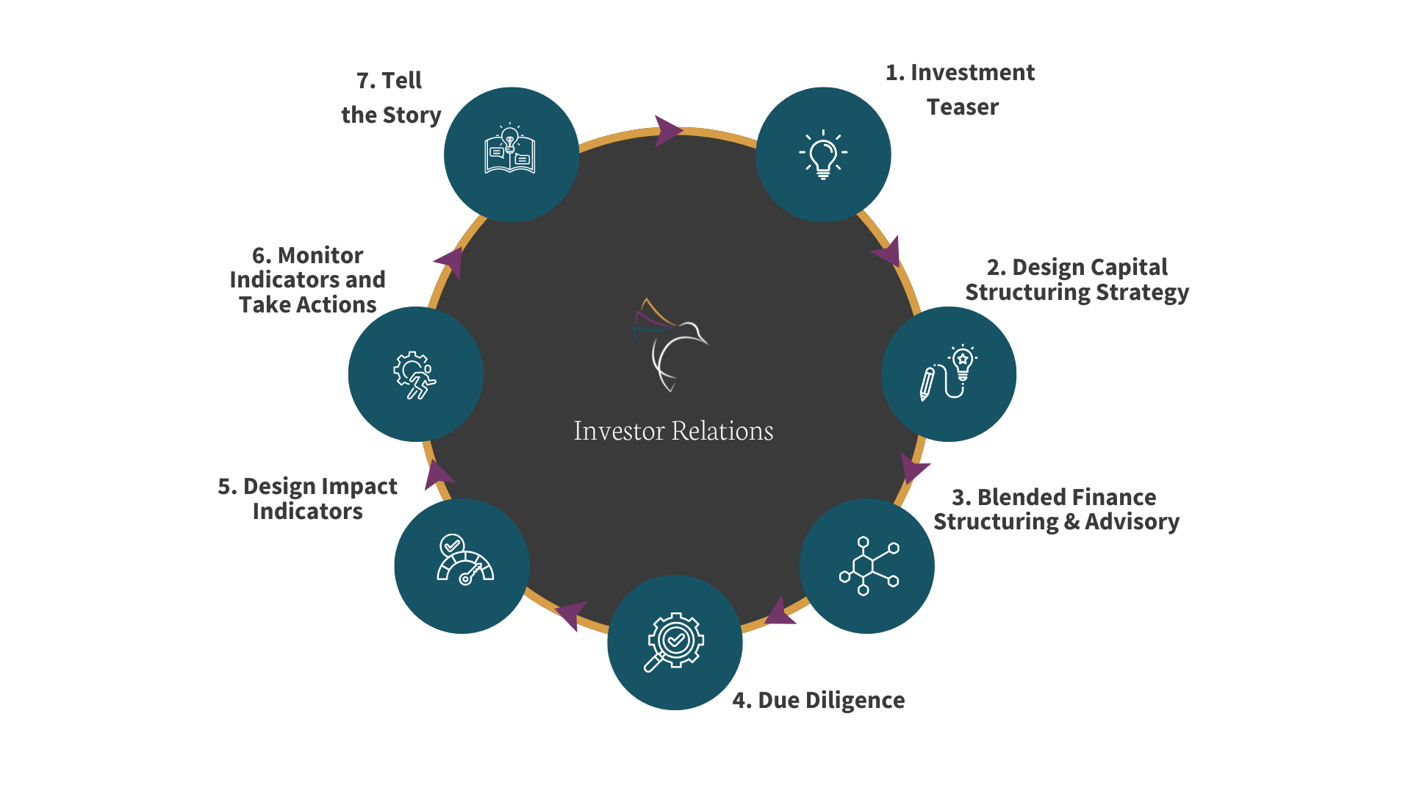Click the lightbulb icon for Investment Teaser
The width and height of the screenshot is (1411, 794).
pyautogui.click(x=823, y=155)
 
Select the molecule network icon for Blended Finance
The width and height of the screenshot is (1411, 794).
pyautogui.click(x=868, y=565)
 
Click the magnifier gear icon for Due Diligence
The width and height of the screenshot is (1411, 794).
pyautogui.click(x=675, y=642)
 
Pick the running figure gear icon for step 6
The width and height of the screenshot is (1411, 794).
pyautogui.click(x=415, y=375)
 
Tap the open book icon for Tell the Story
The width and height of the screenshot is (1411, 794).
pyautogui.click(x=510, y=150)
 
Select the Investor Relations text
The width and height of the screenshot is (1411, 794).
pyautogui.click(x=673, y=431)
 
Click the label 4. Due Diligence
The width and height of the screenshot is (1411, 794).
pyautogui.click(x=818, y=701)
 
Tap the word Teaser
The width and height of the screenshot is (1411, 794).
pyautogui.click(x=963, y=107)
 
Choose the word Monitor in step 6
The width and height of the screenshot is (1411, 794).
pyautogui.click(x=320, y=256)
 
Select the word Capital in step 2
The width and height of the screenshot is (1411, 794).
pyautogui.click(x=1126, y=268)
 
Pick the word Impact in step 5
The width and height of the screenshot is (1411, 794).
pyautogui.click(x=359, y=487)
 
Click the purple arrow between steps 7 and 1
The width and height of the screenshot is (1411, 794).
pyautogui.click(x=667, y=131)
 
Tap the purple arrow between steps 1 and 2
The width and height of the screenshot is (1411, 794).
pyautogui.click(x=888, y=251)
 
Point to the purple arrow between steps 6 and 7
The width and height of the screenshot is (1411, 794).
pyautogui.click(x=450, y=262)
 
